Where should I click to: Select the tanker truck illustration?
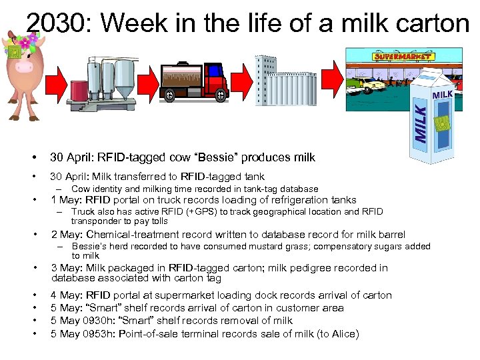[x=193, y=80]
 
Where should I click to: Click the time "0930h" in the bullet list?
[x=101, y=321]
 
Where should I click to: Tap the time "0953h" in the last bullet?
[x=101, y=333]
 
